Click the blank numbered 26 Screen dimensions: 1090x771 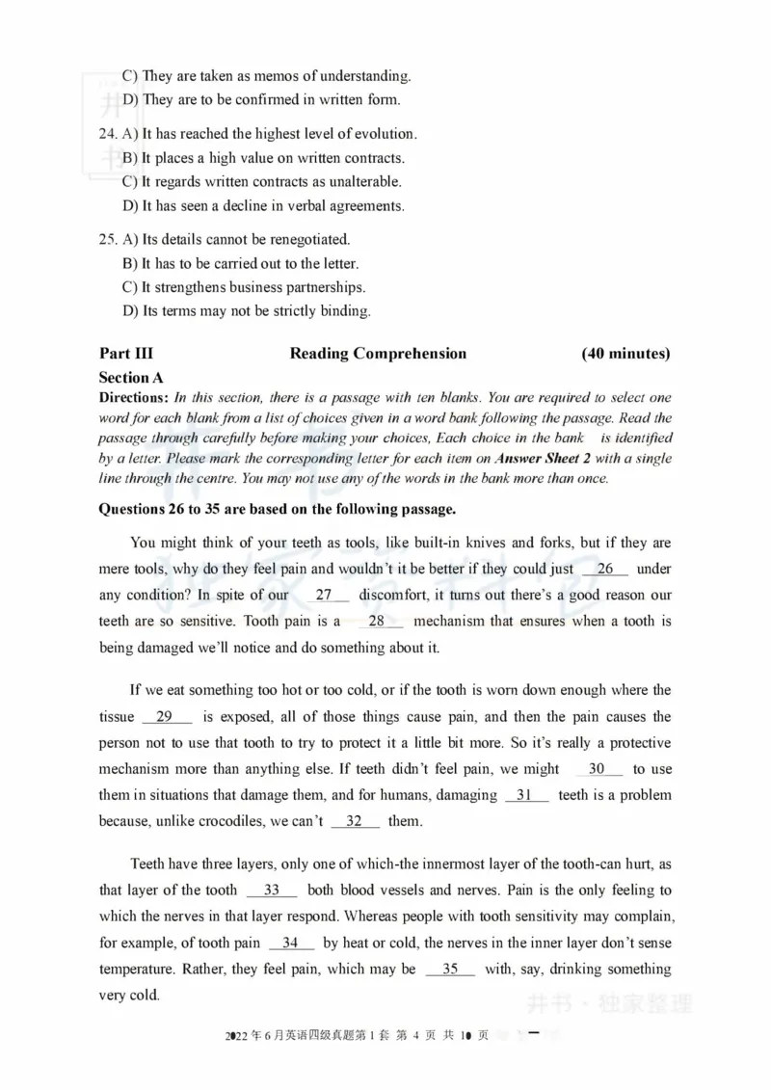click(x=605, y=570)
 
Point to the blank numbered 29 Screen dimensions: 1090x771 click(x=167, y=717)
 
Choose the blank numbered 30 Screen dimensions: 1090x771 click(x=598, y=769)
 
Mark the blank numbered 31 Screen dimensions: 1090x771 click(x=526, y=795)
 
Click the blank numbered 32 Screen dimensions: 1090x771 click(x=355, y=821)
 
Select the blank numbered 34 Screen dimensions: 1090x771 click(x=291, y=943)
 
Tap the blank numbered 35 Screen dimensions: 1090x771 click(x=450, y=969)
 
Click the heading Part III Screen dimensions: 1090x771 click(x=125, y=354)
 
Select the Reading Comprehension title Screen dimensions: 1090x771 click(x=378, y=354)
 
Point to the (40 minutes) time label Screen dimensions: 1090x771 click(x=625, y=354)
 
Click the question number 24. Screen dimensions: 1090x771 click(x=109, y=134)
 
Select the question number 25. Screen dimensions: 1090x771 click(x=109, y=239)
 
